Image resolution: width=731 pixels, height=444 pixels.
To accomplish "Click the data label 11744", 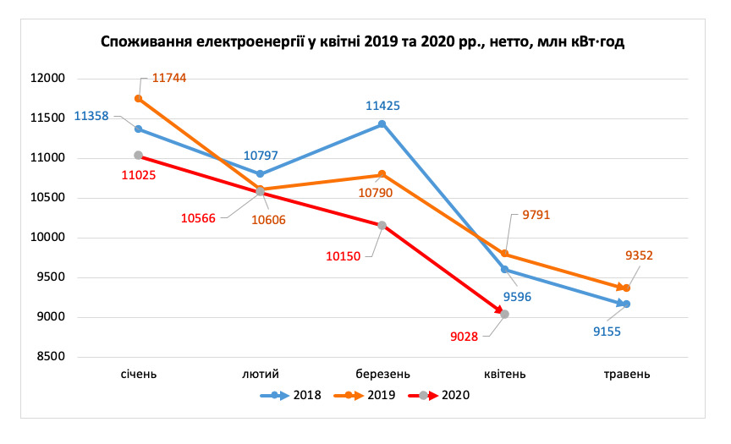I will point(169,78).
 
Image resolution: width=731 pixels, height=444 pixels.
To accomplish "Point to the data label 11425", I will point(382,106).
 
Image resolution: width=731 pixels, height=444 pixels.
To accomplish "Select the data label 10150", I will point(346,254).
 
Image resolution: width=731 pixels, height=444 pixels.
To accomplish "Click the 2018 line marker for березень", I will point(382,124).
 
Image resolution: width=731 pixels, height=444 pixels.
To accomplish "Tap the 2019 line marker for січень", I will point(139,98).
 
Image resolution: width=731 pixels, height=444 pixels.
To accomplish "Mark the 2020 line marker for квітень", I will point(505,314).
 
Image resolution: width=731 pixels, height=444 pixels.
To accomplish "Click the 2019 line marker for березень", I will point(382,174).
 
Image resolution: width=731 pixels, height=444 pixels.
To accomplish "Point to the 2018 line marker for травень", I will point(627,304).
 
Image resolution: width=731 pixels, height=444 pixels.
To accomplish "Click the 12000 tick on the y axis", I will point(48,79).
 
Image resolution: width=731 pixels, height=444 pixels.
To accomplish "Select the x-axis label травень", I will point(627,374).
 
